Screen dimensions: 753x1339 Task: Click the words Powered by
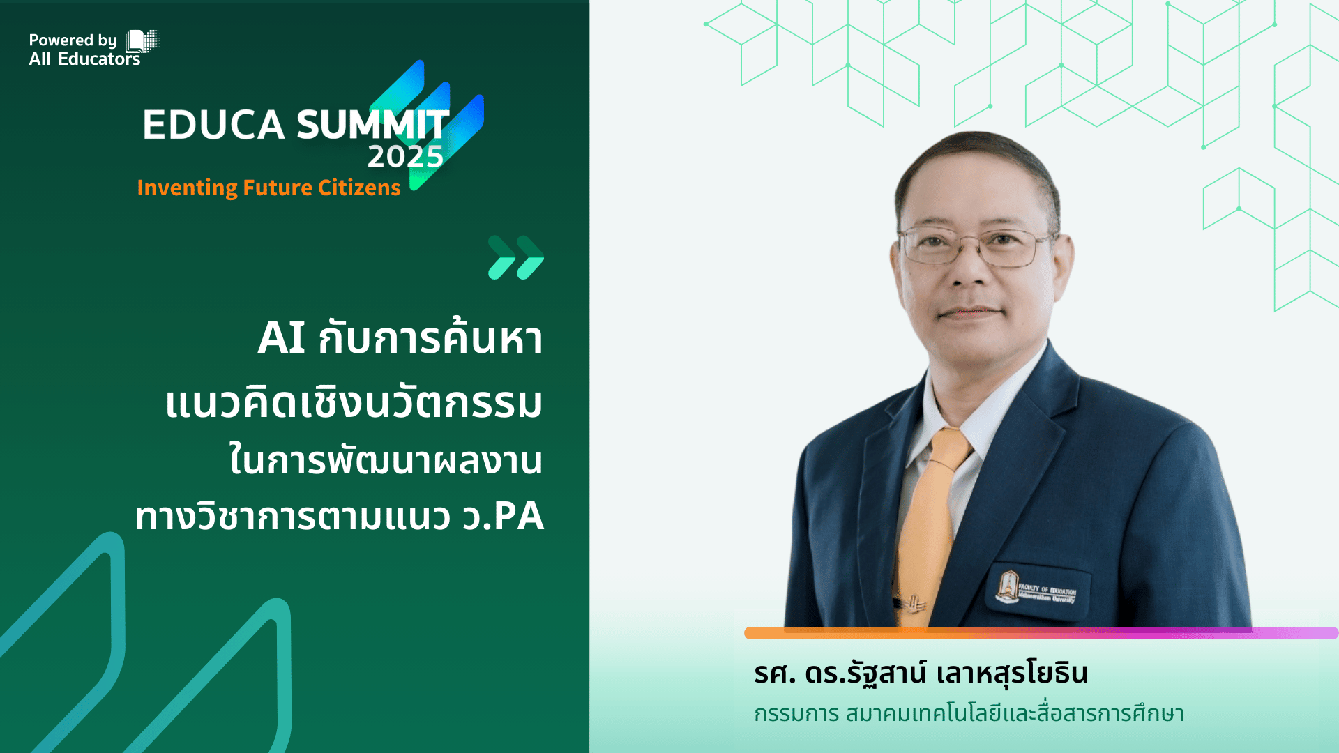[73, 40]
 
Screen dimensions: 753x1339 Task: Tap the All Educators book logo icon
[142, 41]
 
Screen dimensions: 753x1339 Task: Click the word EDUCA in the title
[213, 125]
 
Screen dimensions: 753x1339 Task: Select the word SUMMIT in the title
[372, 125]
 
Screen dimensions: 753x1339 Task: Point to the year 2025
[405, 157]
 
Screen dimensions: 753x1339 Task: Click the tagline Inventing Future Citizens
[268, 188]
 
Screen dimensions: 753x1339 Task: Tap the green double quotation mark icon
[515, 257]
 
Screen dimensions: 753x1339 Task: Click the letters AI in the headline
[281, 339]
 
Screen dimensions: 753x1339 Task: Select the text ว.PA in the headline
[503, 517]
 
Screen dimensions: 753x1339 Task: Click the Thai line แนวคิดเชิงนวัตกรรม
[354, 404]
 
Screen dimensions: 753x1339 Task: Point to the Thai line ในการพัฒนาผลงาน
[386, 461]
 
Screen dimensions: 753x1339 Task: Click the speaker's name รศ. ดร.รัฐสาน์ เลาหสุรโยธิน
[921, 674]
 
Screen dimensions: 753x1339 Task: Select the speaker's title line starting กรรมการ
[969, 714]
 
